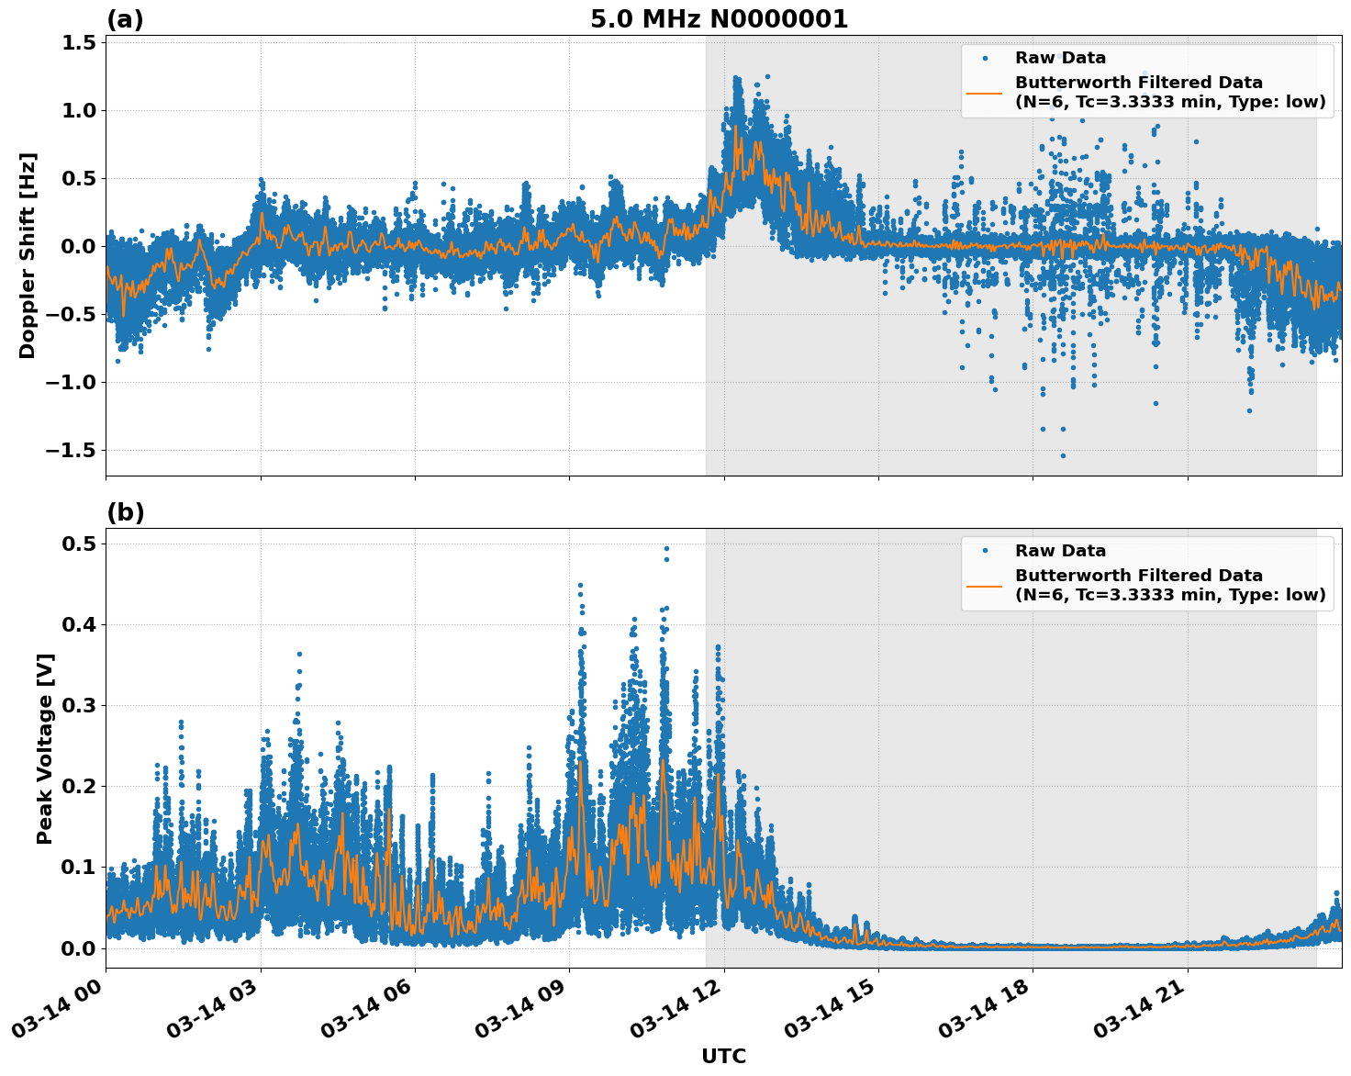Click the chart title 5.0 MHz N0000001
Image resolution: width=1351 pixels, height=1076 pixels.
719,19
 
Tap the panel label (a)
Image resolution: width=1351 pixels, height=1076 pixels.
125,19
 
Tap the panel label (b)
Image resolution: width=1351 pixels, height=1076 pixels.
125,512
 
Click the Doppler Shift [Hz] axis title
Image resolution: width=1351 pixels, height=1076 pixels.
28,255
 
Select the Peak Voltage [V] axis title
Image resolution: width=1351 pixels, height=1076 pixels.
45,748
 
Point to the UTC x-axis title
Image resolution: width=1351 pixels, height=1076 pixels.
723,1056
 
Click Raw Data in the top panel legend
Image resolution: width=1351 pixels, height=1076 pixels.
1060,58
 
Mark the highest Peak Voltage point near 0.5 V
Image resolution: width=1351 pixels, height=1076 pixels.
666,549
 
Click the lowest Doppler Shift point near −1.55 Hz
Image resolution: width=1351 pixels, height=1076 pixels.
1063,455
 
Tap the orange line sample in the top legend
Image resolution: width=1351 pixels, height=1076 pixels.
984,92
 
